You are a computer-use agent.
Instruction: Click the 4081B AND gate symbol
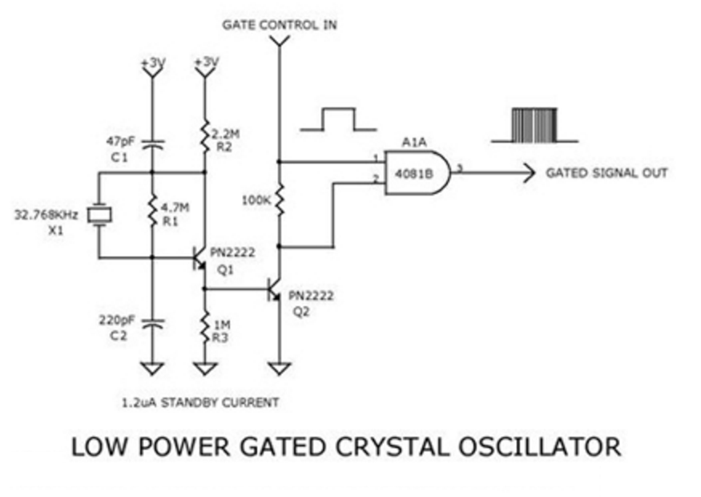click(415, 172)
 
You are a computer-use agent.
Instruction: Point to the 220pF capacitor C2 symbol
click(151, 324)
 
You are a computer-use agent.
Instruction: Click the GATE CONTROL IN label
click(280, 25)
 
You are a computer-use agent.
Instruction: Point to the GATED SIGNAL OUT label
click(606, 172)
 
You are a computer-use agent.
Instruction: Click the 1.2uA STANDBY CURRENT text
click(200, 402)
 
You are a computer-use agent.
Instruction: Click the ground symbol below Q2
click(279, 369)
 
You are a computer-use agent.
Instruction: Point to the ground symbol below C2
click(151, 369)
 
